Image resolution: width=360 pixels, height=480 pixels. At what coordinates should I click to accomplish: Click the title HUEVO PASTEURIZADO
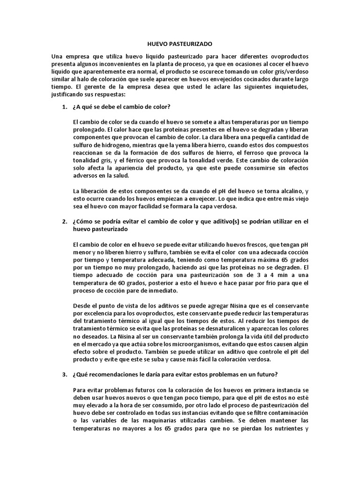click(180, 44)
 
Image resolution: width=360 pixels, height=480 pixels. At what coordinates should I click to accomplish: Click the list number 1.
click(65, 107)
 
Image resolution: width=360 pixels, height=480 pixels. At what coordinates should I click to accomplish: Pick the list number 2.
click(65, 221)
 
